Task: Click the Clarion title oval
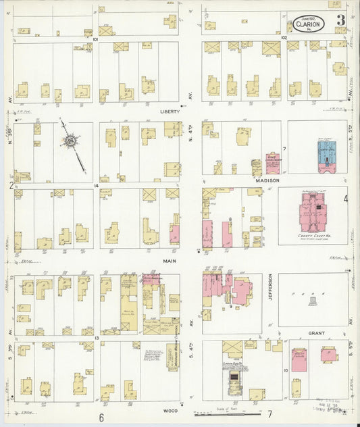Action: [x=309, y=22]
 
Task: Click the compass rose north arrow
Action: [x=70, y=141]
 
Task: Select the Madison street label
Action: [x=268, y=180]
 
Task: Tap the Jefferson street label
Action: [x=270, y=288]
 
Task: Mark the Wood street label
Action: [x=170, y=409]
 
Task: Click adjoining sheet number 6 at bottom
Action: [x=101, y=417]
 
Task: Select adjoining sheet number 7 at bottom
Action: [x=269, y=413]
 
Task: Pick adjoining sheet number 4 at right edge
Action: [x=345, y=199]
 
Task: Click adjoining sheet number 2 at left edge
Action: [x=11, y=184]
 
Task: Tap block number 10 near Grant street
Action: [x=285, y=370]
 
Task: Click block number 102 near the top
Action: [x=285, y=39]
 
